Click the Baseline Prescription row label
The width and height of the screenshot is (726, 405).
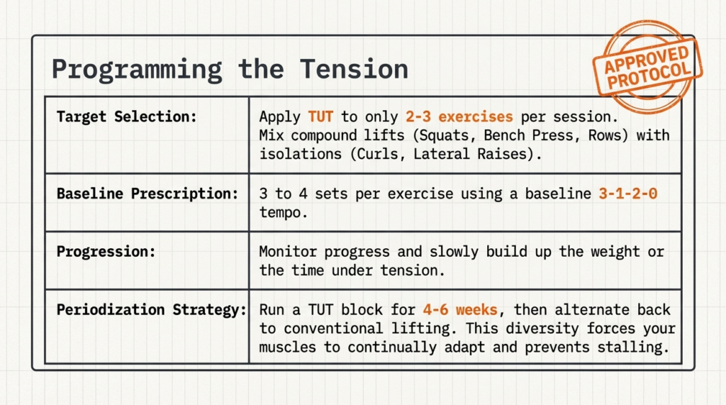point(147,194)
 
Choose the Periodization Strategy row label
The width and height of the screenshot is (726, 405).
point(151,310)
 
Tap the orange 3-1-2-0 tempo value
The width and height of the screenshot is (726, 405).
point(627,194)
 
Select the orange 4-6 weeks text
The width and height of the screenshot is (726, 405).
point(464,310)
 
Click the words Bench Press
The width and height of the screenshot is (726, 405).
point(553,135)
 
